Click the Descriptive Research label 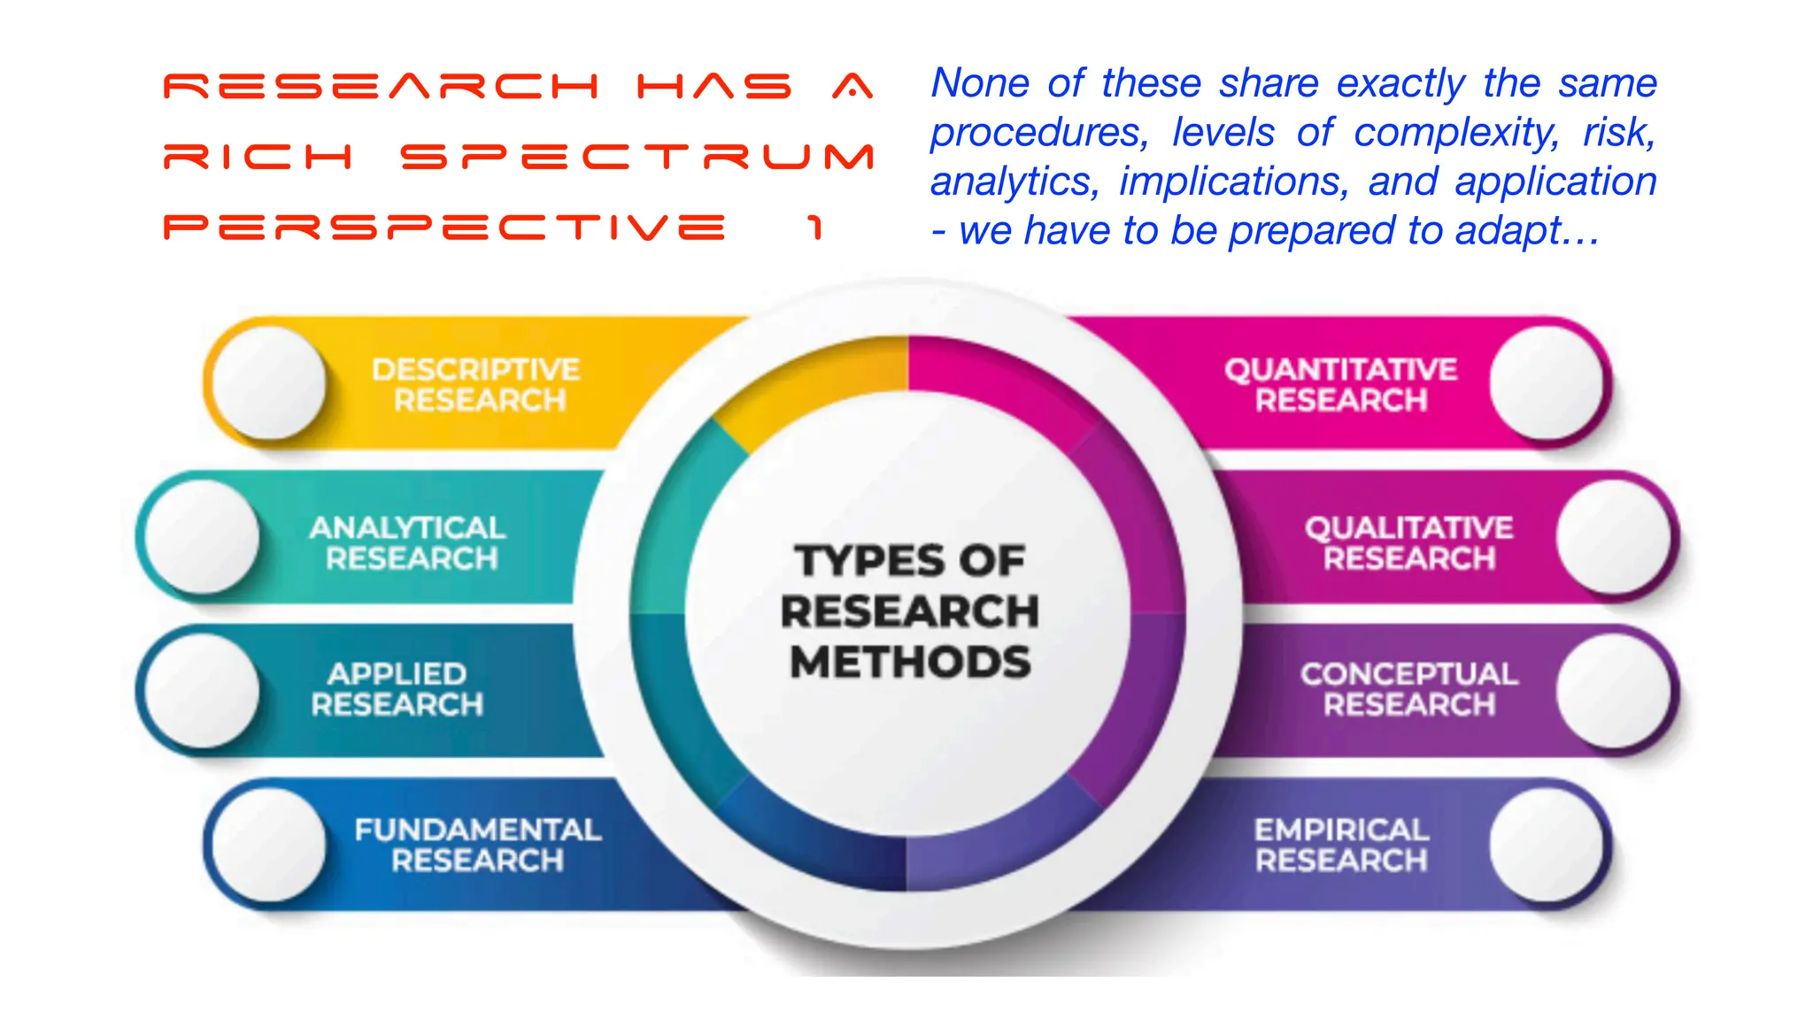[x=476, y=385]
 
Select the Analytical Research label [x=408, y=544]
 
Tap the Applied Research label [x=397, y=690]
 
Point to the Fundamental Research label [x=478, y=846]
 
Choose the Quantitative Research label [x=1340, y=385]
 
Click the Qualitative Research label [x=1408, y=544]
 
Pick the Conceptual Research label [x=1408, y=690]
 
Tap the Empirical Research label [x=1341, y=846]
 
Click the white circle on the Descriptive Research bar [x=270, y=382]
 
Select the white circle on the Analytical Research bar [x=203, y=537]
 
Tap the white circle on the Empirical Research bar [x=1546, y=845]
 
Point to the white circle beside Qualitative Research [x=1613, y=537]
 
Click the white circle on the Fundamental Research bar [x=270, y=845]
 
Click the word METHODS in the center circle [x=910, y=662]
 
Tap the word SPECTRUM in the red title [x=637, y=158]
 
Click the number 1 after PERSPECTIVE [x=815, y=228]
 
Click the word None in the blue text [x=980, y=83]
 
